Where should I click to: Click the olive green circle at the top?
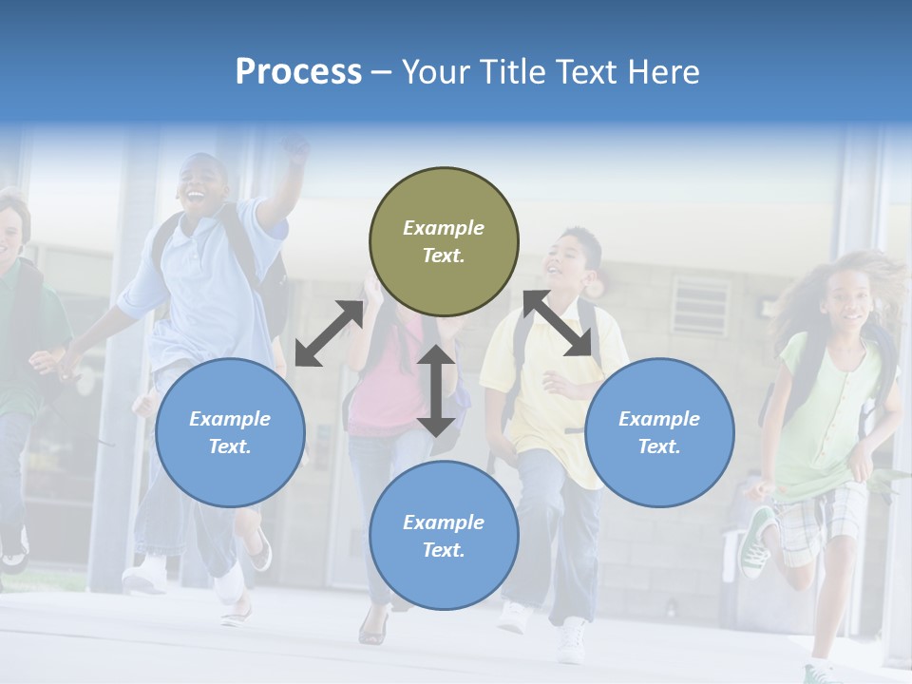(x=444, y=241)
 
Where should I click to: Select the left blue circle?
(x=230, y=432)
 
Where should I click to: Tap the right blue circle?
(x=659, y=432)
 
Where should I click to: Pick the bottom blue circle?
(x=444, y=536)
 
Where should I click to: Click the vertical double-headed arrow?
(x=436, y=390)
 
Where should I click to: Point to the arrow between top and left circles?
(x=329, y=333)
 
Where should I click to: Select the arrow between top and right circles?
(x=558, y=324)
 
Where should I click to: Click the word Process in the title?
(x=298, y=71)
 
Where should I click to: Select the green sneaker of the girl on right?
(x=757, y=541)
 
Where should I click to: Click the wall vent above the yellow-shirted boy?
(x=701, y=306)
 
